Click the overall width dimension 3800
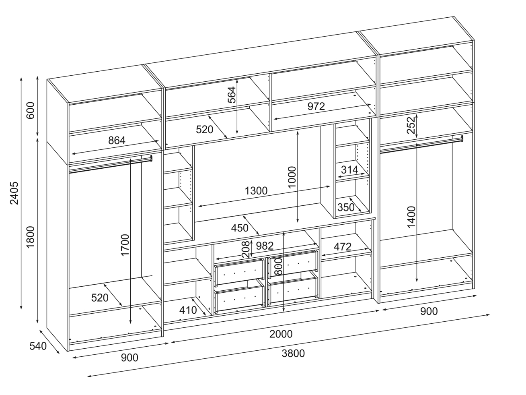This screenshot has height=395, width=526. pyautogui.click(x=293, y=354)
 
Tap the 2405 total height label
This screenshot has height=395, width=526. pyautogui.click(x=14, y=193)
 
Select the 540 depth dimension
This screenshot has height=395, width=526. pyautogui.click(x=38, y=346)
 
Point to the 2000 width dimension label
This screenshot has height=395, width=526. pyautogui.click(x=281, y=334)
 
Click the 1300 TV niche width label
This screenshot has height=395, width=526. pyautogui.click(x=256, y=190)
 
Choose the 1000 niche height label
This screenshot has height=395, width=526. pyautogui.click(x=292, y=178)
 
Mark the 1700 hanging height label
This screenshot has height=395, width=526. pyautogui.click(x=125, y=245)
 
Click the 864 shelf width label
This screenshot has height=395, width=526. pyautogui.click(x=117, y=141)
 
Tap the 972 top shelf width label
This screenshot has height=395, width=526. pyautogui.click(x=316, y=106)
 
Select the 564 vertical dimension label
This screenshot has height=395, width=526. pyautogui.click(x=232, y=95)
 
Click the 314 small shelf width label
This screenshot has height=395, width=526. pyautogui.click(x=349, y=170)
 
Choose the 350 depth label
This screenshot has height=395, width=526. pyautogui.click(x=345, y=207)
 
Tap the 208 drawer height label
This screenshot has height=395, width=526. pyautogui.click(x=245, y=250)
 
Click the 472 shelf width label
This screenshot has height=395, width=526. pyautogui.click(x=343, y=246)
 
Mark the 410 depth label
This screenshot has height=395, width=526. pyautogui.click(x=188, y=310)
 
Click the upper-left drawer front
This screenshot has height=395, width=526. pyautogui.click(x=239, y=272)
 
